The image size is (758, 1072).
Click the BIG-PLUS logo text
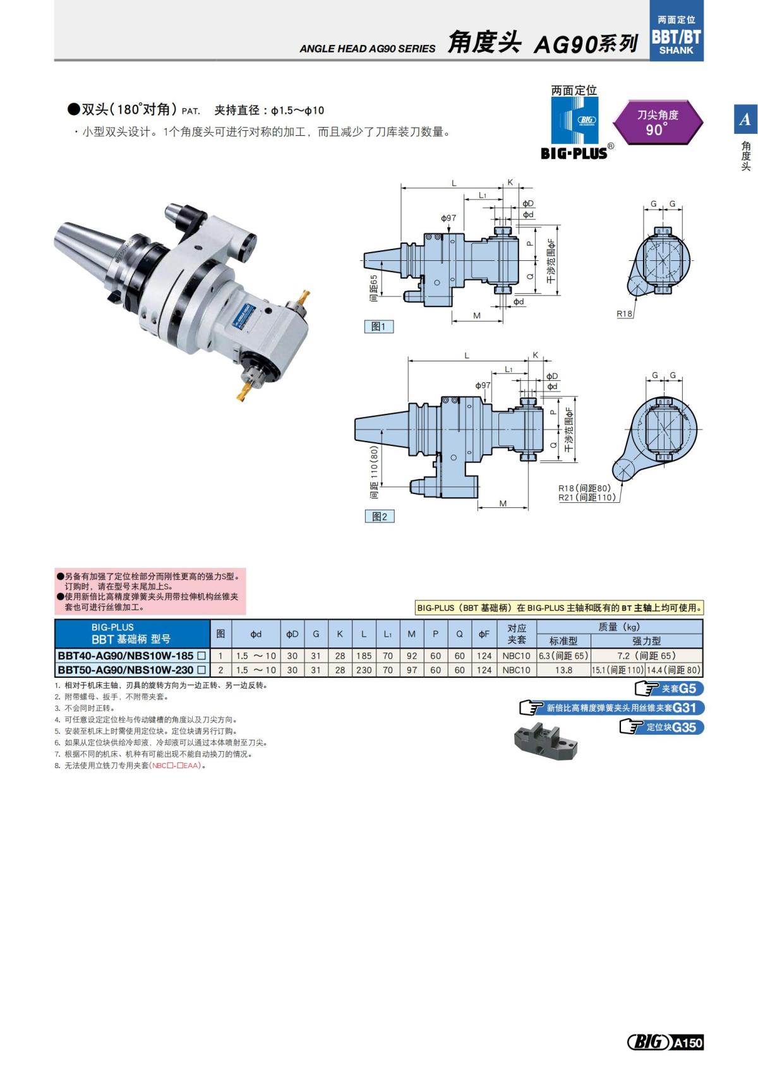click(574, 152)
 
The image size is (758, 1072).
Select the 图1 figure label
click(378, 326)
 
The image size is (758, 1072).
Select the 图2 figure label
click(380, 516)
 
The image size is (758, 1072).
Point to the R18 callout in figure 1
click(624, 313)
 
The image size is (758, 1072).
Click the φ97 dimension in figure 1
click(448, 218)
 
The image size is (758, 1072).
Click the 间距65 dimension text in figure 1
click(374, 287)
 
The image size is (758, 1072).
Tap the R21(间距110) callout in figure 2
click(587, 497)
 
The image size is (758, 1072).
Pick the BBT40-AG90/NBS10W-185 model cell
click(131, 656)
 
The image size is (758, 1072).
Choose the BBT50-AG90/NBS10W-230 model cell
click(131, 670)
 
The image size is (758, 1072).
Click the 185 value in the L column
click(364, 656)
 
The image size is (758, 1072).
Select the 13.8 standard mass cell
click(563, 670)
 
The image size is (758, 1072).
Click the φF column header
click(484, 634)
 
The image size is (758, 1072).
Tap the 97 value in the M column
click(412, 670)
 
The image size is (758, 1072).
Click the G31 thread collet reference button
click(611, 708)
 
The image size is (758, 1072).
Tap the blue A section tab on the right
click(745, 119)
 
